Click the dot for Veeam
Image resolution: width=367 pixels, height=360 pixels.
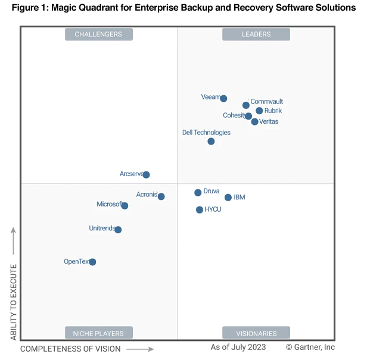point(223,99)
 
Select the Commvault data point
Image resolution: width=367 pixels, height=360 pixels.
point(246,105)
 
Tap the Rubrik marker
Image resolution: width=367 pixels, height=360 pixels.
point(259,111)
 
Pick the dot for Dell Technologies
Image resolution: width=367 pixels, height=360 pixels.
point(211,141)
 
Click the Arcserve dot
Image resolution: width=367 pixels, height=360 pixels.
point(146,175)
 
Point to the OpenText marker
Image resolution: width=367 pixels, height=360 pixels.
point(92,262)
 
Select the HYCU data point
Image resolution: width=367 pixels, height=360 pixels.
point(200,209)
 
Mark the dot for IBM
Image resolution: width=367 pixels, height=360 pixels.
point(228,198)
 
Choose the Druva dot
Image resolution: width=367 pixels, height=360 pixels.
point(198,193)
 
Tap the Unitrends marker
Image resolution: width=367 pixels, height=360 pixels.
point(118,230)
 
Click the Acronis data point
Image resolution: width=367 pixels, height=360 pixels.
point(161,196)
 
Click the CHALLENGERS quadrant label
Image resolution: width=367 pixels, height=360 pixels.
point(98,35)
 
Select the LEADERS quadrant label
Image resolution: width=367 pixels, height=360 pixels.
point(256,35)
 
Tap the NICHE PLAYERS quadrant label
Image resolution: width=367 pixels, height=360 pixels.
point(98,333)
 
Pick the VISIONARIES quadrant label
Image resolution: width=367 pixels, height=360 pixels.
point(256,333)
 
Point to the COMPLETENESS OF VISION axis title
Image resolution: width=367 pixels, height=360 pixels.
point(70,349)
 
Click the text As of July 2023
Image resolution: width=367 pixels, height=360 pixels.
point(238,347)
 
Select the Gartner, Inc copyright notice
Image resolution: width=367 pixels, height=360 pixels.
point(310,347)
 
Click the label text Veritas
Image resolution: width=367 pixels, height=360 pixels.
point(269,122)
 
